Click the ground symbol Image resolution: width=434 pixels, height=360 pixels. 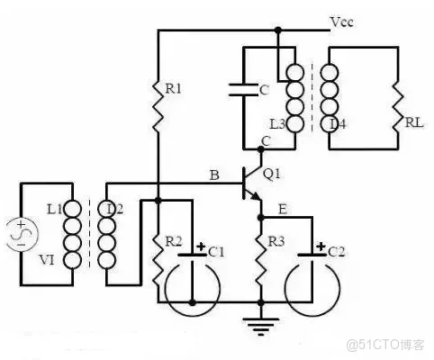pos(261,328)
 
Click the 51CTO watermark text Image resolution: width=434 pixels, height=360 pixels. pos(384,346)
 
